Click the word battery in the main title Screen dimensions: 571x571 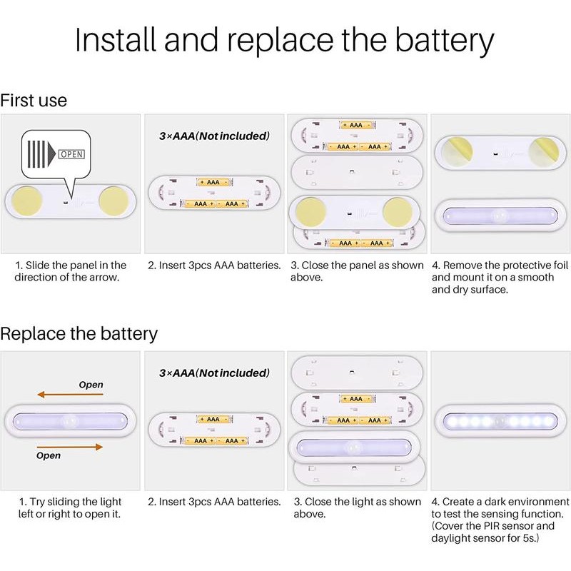click(444, 40)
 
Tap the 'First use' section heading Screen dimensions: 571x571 click(34, 101)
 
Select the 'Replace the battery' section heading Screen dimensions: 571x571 click(79, 334)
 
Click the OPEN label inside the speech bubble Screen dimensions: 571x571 click(72, 154)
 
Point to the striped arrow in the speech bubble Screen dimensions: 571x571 click(41, 154)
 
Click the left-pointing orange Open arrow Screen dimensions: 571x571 click(70, 395)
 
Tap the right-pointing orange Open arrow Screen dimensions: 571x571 click(70, 447)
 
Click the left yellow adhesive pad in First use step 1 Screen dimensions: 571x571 click(26, 201)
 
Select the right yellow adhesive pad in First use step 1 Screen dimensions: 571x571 click(113, 201)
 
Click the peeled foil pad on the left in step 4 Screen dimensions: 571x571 click(457, 152)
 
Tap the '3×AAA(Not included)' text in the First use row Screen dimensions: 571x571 click(214, 136)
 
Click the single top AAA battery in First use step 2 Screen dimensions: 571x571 click(213, 182)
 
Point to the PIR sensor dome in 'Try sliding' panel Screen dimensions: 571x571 click(69, 421)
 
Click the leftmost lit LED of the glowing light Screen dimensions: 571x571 click(452, 421)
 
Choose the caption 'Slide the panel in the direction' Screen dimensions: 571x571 click(71, 271)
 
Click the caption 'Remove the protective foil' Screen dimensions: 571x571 click(500, 266)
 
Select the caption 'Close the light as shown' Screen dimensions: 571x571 click(358, 502)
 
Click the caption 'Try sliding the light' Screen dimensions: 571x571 click(70, 502)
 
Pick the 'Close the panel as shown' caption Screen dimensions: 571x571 click(358, 266)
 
